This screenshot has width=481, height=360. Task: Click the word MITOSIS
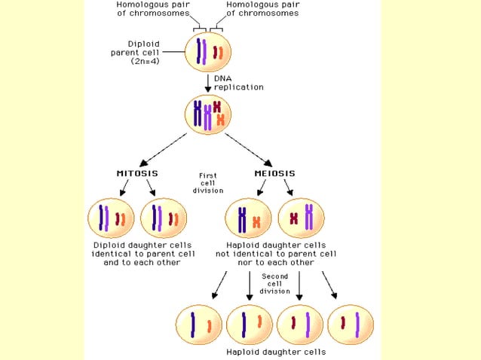(x=136, y=174)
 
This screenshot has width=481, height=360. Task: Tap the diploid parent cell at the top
(x=208, y=53)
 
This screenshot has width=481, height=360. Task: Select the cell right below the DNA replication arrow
(x=208, y=114)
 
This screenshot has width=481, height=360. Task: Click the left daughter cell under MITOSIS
(x=111, y=219)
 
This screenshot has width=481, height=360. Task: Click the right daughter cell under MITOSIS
(x=164, y=219)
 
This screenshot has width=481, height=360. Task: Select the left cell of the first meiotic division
(x=248, y=219)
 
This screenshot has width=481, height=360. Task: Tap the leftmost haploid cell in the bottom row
(x=198, y=324)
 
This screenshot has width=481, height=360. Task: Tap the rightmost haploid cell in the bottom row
(x=351, y=324)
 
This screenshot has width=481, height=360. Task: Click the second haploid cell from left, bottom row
(x=250, y=324)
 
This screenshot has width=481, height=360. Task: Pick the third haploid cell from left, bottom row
(x=300, y=324)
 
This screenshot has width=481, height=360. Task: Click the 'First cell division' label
(x=208, y=183)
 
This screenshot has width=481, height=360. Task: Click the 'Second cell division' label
(x=274, y=284)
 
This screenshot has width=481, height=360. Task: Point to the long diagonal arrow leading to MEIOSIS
(x=248, y=148)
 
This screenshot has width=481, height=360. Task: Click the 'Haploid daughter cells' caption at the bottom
(x=276, y=352)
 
